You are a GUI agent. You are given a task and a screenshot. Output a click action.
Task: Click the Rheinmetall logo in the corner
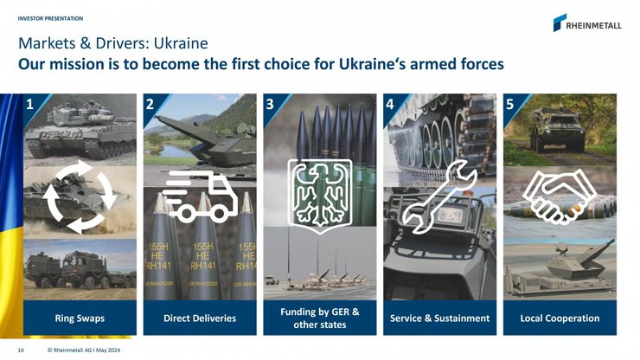pos(587,23)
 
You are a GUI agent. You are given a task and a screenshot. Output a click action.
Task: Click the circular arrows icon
pos(80,196)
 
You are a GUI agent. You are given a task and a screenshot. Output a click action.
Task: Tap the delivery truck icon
pos(199,196)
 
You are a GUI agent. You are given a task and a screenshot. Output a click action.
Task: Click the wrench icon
pos(440,196)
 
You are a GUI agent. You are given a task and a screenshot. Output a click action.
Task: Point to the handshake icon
pos(560,196)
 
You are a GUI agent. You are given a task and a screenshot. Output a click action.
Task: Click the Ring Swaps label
pos(80,318)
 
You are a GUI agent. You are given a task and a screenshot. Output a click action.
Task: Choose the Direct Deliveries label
pos(200,318)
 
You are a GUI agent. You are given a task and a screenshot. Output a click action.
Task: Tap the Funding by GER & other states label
pos(320,318)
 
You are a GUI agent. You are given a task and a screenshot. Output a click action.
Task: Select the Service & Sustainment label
pos(440,318)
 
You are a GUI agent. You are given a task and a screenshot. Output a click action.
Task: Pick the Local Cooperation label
pos(560,318)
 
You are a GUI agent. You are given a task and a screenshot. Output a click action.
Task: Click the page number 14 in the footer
pos(21,350)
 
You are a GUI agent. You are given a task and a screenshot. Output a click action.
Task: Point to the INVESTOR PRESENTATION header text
pos(50,17)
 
